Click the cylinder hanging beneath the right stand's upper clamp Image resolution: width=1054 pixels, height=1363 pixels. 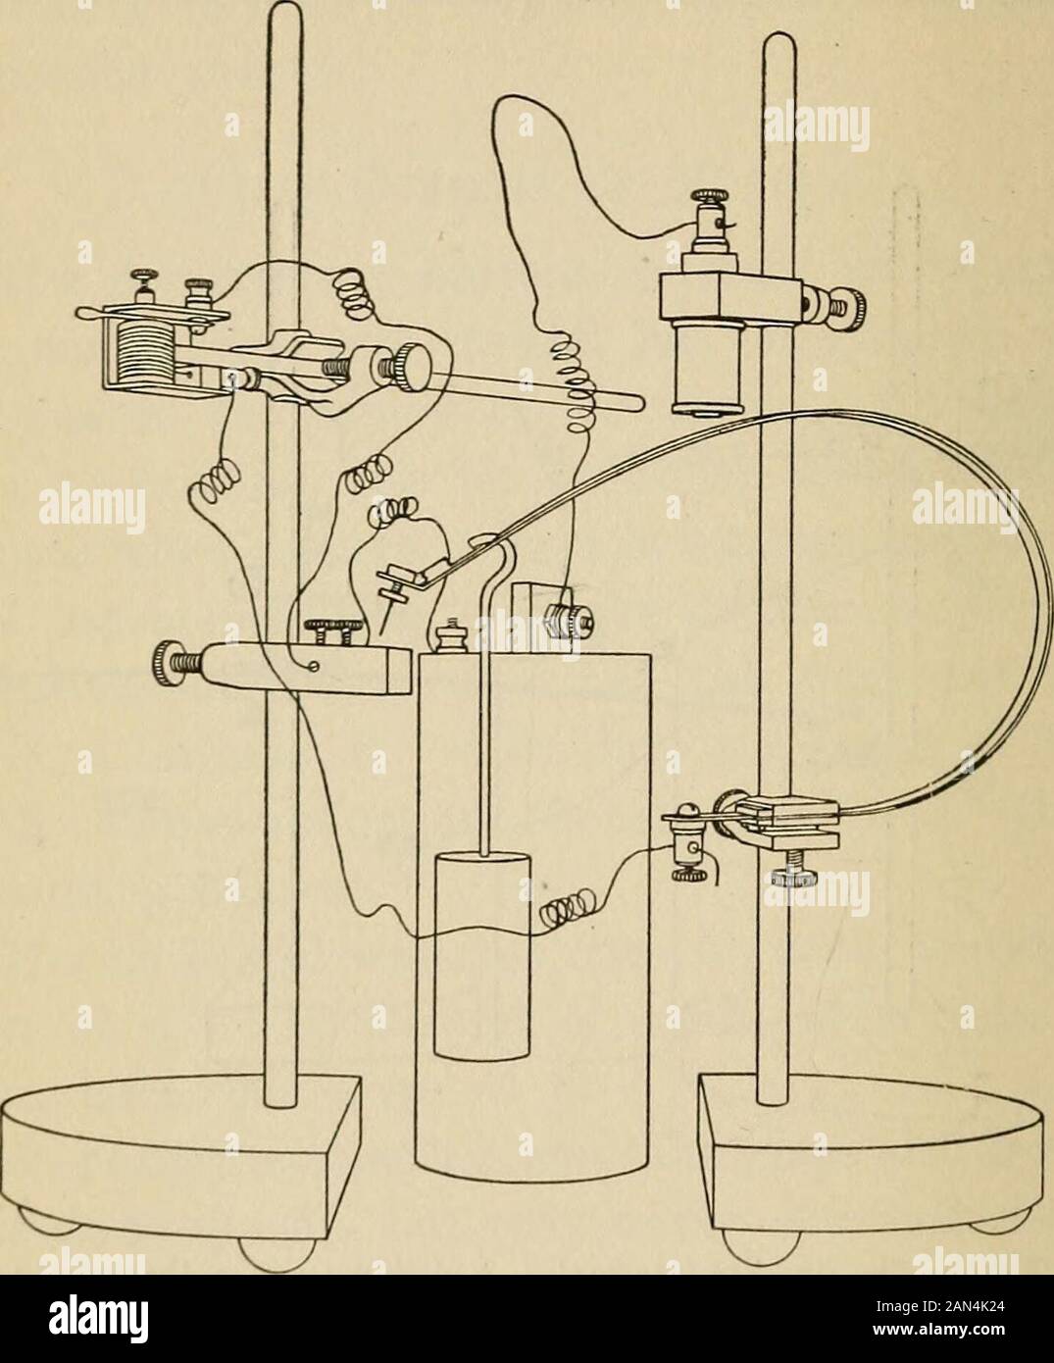click(x=703, y=371)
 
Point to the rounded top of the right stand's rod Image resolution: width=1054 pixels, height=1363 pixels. click(x=778, y=44)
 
